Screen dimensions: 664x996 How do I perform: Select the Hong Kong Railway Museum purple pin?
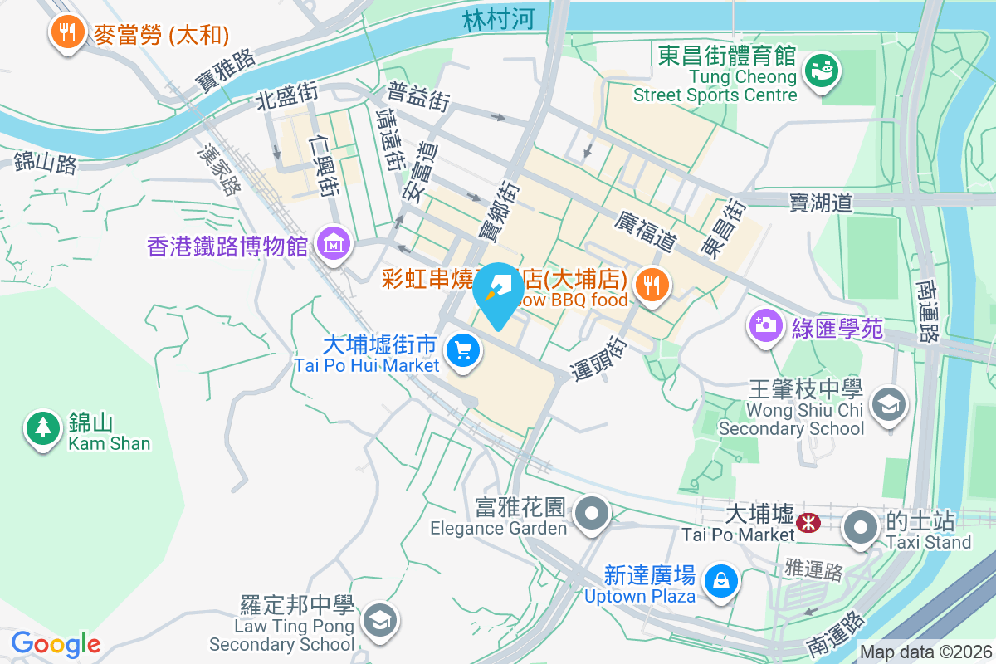[334, 245]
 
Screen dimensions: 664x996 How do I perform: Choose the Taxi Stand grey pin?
[861, 526]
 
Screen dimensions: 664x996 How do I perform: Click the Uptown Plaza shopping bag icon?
[720, 581]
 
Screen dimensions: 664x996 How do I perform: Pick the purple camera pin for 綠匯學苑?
[764, 325]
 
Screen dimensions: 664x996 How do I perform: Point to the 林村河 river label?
[499, 20]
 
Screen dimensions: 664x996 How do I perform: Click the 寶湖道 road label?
[821, 202]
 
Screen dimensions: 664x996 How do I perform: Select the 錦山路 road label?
[45, 163]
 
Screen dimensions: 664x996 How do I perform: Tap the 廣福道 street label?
[647, 232]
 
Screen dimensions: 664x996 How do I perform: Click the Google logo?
[56, 643]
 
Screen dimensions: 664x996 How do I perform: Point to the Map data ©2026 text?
[926, 652]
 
